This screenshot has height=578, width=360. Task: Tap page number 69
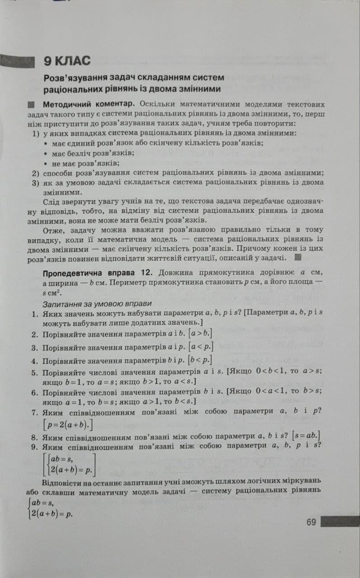[x=311, y=522]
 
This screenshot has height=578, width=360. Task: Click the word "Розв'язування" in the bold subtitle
[x=72, y=78]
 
